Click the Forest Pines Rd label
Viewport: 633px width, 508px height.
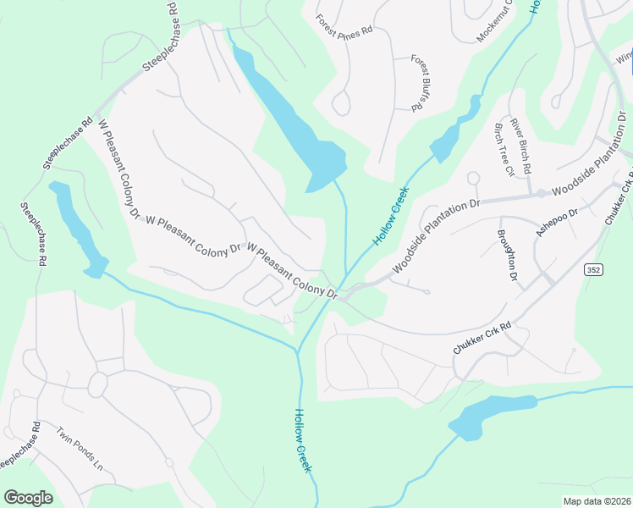click(x=344, y=25)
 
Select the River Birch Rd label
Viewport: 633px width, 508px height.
click(x=519, y=145)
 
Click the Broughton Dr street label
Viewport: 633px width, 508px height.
click(x=507, y=254)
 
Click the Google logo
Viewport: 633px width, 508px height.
click(x=28, y=497)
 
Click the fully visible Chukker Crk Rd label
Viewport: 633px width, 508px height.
click(x=482, y=337)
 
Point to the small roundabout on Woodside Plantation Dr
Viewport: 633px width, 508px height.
click(x=540, y=193)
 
